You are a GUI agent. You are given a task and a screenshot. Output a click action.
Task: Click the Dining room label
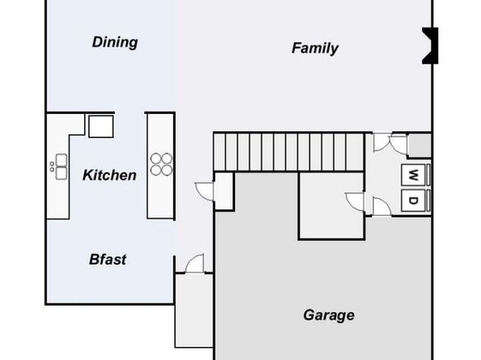point(115,42)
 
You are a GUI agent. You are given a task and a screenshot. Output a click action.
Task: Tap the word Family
point(315,48)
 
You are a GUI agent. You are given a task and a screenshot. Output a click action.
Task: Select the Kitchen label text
point(109,176)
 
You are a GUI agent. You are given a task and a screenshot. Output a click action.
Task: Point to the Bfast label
point(108,260)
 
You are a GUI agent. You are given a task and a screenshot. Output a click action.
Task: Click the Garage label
point(329,316)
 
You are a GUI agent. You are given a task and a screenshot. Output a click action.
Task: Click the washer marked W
point(413,175)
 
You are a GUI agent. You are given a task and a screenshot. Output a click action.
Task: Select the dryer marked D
point(413,201)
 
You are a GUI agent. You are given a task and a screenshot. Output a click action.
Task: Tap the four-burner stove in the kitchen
point(161,164)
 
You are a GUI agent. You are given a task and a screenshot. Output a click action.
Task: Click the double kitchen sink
point(61,167)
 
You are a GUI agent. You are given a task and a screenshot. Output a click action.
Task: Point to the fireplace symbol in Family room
point(430,45)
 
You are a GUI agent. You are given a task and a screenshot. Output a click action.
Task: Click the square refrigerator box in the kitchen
point(101,126)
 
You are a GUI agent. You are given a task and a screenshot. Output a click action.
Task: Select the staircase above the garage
point(288,151)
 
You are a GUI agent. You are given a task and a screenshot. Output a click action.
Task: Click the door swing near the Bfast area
point(194,263)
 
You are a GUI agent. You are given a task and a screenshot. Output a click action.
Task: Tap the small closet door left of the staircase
point(204,192)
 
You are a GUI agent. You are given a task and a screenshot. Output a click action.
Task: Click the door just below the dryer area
point(381,206)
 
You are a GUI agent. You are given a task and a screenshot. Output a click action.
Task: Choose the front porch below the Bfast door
point(194,311)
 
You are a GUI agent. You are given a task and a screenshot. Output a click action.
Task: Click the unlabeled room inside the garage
point(332,206)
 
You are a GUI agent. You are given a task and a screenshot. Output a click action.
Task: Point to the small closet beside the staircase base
point(224,192)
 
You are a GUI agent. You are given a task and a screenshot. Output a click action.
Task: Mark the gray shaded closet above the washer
point(419,146)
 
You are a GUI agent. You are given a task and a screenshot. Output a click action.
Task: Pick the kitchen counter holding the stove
point(161,166)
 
